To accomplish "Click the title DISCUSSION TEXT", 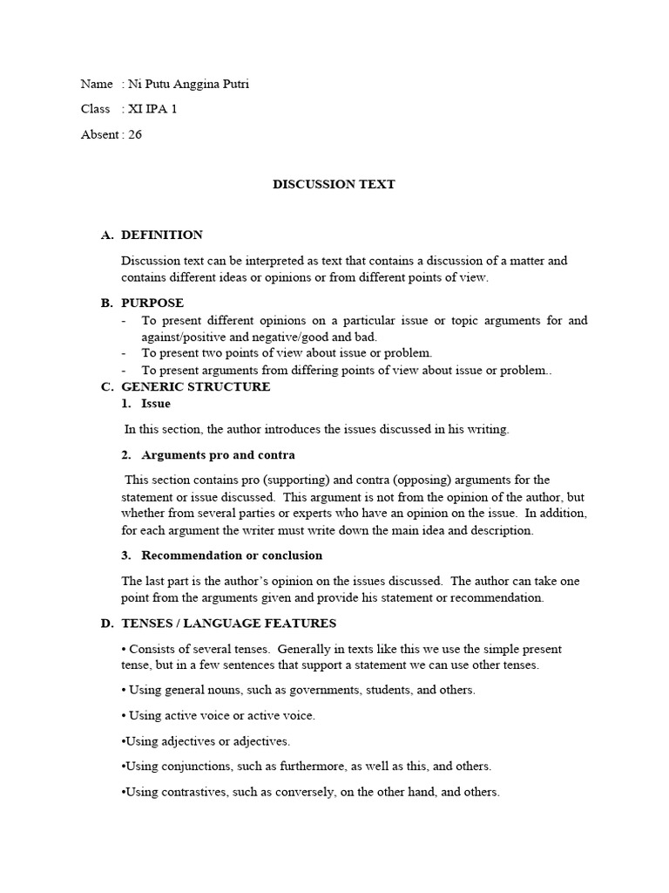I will [334, 184].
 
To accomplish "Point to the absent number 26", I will [135, 134].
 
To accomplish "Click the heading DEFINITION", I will [162, 235].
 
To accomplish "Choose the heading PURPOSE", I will [152, 303].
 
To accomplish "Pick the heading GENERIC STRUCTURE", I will [196, 386].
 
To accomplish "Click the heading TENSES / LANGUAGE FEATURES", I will [228, 624].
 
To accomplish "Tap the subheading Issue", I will [156, 404].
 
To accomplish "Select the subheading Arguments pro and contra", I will [218, 454].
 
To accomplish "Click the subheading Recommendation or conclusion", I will [232, 556].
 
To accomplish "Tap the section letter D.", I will [106, 624].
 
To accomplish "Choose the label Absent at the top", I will [100, 134].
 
